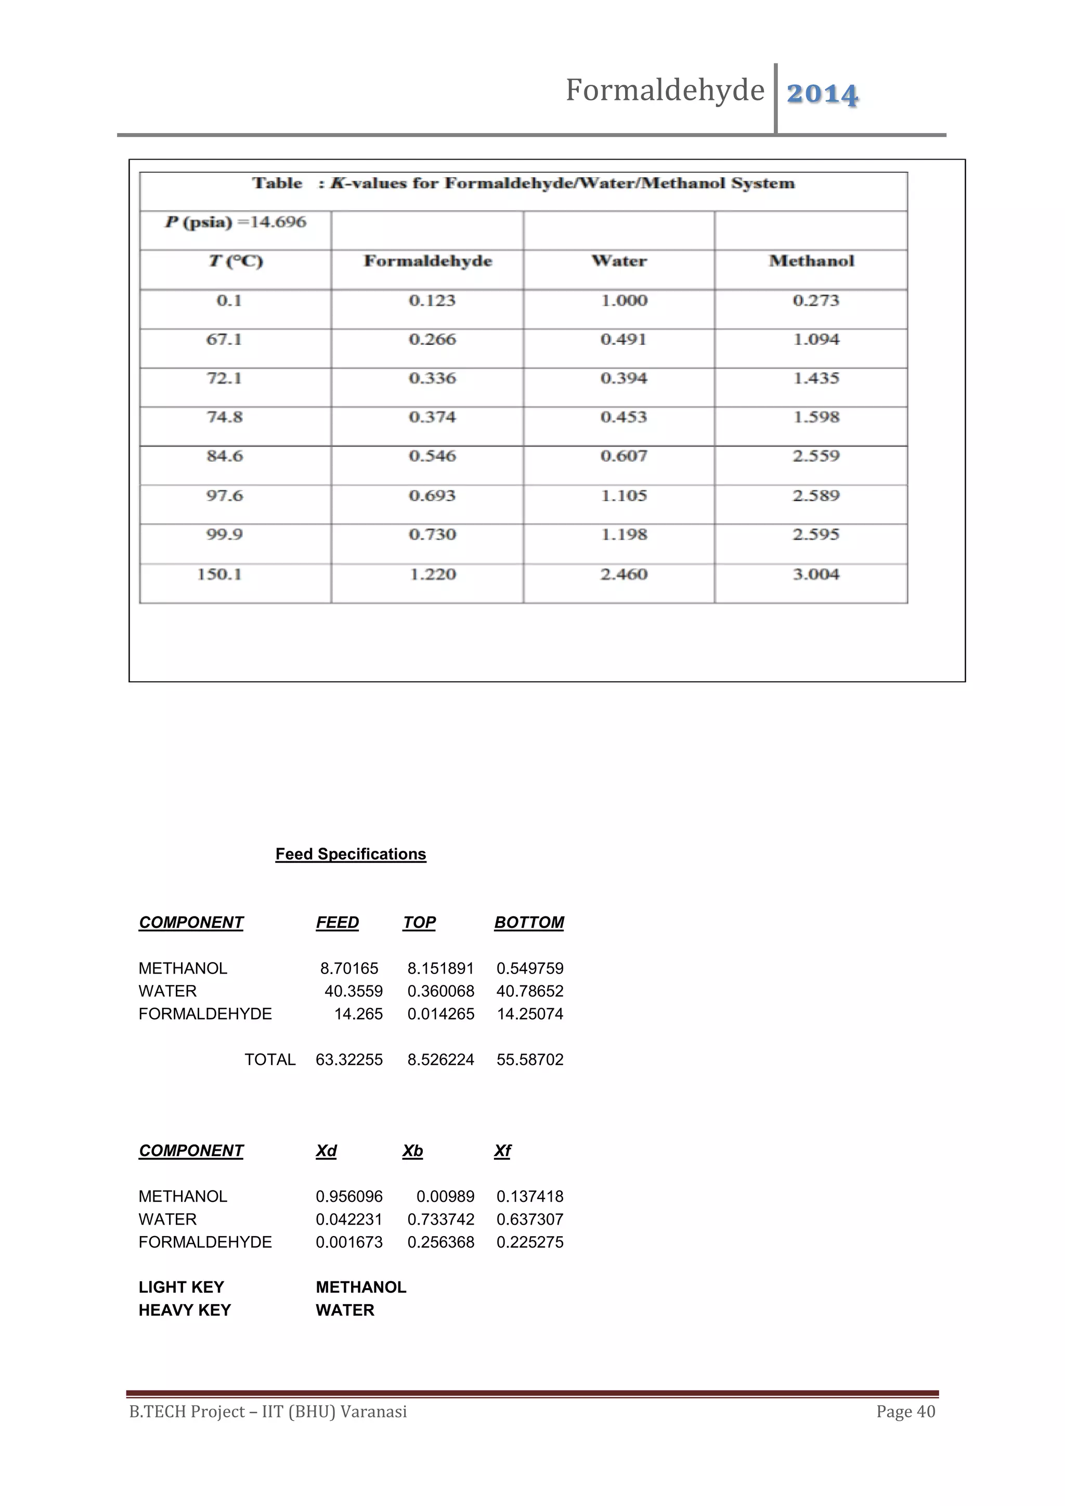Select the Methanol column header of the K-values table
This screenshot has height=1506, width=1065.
point(811,261)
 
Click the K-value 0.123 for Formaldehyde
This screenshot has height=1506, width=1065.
point(432,301)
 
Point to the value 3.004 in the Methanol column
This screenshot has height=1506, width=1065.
point(815,575)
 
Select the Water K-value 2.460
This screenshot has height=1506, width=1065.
point(623,575)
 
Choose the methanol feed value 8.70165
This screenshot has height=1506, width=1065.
point(349,968)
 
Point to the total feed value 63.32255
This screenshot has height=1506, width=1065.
point(349,1059)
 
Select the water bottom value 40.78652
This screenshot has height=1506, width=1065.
point(530,991)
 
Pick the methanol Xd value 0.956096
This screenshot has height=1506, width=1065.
point(349,1197)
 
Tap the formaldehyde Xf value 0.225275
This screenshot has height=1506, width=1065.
point(530,1242)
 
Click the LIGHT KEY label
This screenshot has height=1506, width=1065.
point(181,1287)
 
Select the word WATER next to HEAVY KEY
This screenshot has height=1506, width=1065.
point(345,1310)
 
